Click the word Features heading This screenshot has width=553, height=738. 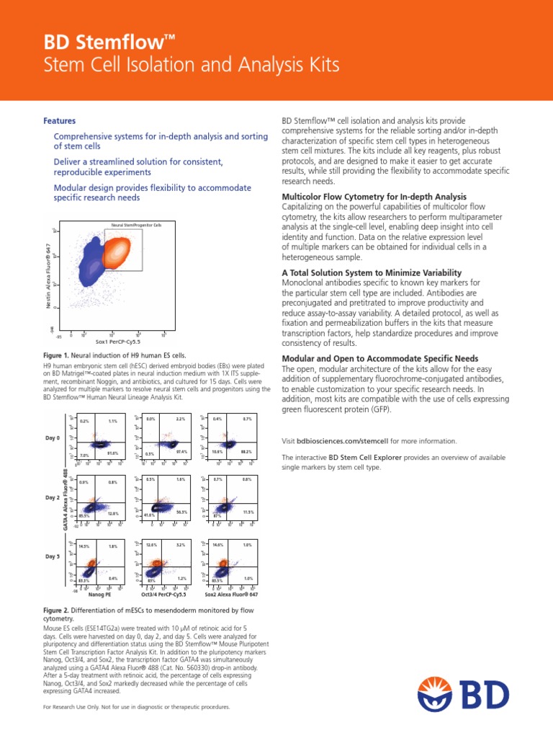click(x=60, y=121)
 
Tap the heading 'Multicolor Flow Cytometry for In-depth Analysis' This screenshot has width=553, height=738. click(x=374, y=197)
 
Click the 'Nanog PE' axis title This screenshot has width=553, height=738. click(x=99, y=595)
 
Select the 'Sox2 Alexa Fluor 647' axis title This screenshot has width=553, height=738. click(x=231, y=595)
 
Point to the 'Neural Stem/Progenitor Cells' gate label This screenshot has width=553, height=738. click(x=137, y=226)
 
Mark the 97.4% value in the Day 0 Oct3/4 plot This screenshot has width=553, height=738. click(x=181, y=452)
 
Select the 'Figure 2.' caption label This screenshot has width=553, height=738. click(x=60, y=610)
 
